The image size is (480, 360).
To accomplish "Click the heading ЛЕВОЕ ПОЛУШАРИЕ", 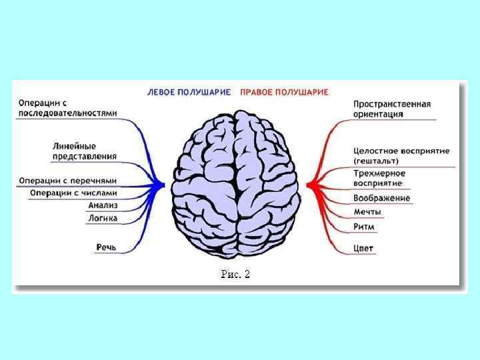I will point(189,92).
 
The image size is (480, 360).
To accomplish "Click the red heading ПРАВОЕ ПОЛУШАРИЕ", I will point(284,92).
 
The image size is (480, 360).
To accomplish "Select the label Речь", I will point(106,247).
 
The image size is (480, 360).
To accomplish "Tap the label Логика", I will point(102,217).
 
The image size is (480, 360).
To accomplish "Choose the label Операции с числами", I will point(73,193).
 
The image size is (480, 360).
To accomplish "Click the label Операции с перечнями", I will point(67,180).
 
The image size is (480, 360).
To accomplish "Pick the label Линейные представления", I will point(84,151).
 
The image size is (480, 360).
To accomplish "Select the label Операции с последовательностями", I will point(67,108).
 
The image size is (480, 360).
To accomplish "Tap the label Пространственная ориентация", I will point(391,109).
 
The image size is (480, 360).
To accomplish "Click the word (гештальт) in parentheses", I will point(376,161).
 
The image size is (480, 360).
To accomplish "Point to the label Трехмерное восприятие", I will point(379,177).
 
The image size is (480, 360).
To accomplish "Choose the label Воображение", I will point(381,198).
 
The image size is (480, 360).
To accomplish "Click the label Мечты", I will point(367,212).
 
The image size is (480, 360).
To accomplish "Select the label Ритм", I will point(364,227).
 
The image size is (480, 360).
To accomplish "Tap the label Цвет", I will point(364,249).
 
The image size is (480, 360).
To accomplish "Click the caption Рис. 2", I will point(235,274).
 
